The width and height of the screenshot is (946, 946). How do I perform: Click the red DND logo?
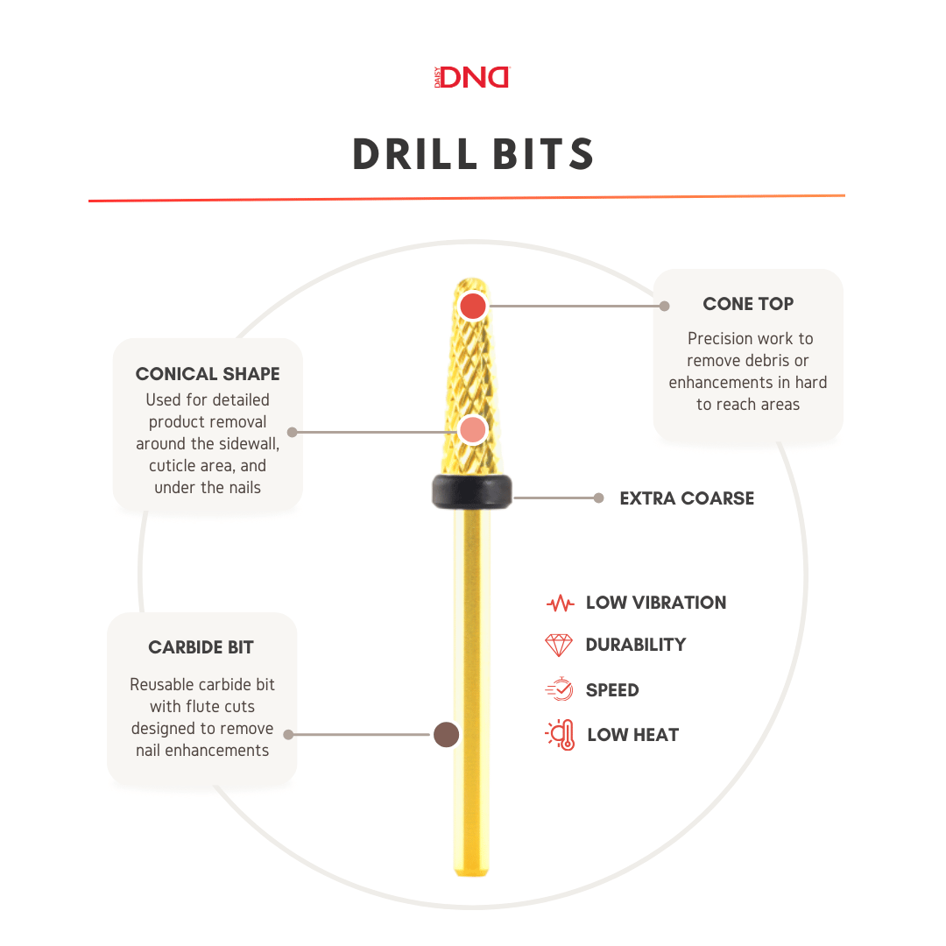click(473, 77)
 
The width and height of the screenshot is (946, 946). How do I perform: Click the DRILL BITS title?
click(473, 155)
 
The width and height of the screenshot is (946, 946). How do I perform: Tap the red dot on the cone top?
click(473, 306)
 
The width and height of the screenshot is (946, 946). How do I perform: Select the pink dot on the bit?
click(473, 430)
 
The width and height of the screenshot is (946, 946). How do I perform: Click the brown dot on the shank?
click(447, 735)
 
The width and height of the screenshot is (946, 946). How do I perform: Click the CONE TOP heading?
click(748, 305)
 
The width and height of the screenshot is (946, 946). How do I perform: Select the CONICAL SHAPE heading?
click(208, 374)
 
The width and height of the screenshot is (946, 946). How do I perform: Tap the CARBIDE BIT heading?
click(201, 648)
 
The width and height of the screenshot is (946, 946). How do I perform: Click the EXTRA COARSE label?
click(687, 498)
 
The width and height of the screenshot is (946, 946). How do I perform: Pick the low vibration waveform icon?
click(559, 604)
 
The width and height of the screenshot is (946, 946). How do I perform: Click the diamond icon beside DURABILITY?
click(559, 646)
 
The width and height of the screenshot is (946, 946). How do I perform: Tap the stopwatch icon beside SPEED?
click(559, 690)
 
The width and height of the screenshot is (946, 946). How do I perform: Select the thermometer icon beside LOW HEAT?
click(560, 735)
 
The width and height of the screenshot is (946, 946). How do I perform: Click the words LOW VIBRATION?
click(656, 603)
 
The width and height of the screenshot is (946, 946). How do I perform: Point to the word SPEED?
click(612, 690)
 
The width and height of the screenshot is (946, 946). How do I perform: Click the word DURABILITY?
click(636, 645)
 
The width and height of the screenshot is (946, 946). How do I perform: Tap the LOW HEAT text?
click(633, 735)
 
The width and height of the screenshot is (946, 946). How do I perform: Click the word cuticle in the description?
click(172, 465)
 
